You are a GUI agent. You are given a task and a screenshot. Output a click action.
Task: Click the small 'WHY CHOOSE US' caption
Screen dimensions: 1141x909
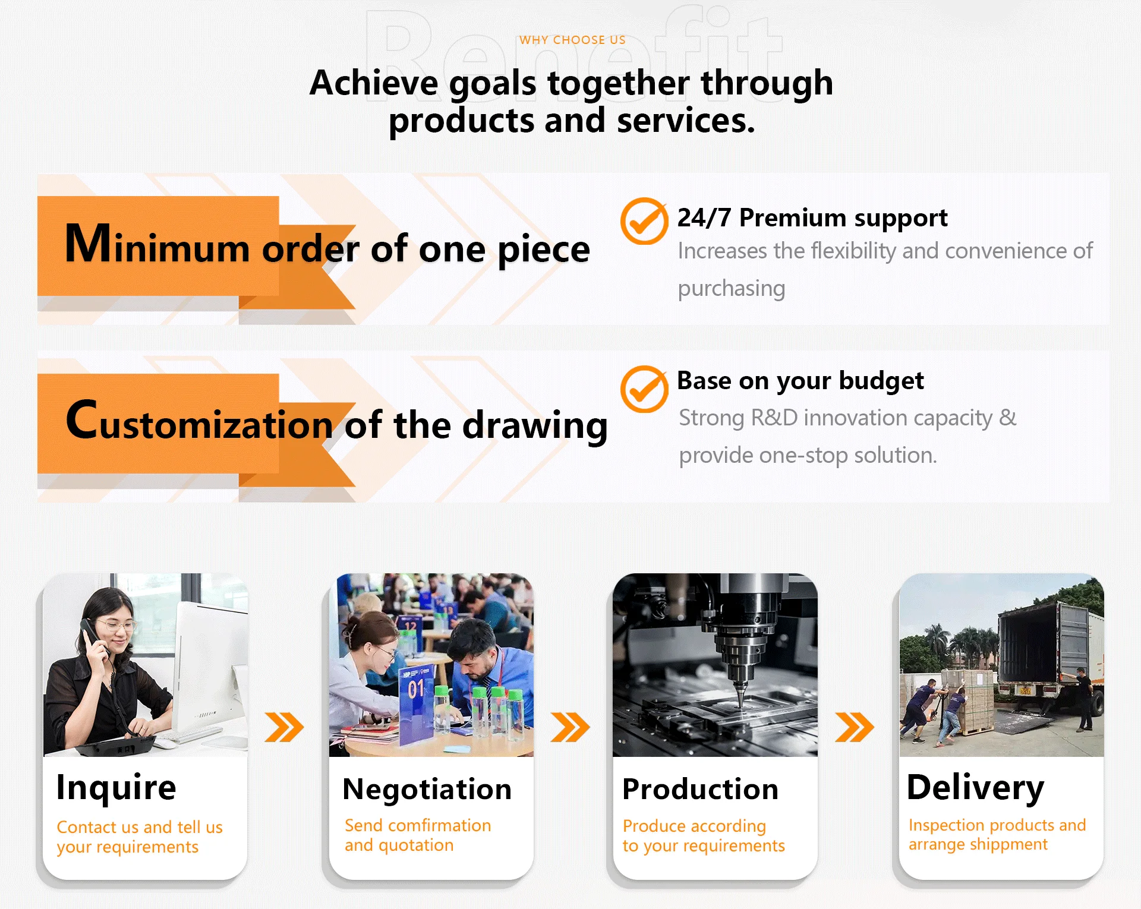(572, 40)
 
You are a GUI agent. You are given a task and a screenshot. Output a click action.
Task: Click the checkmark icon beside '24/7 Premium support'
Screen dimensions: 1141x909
(644, 221)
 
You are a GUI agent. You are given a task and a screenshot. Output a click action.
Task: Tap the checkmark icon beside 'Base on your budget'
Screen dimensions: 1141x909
(644, 389)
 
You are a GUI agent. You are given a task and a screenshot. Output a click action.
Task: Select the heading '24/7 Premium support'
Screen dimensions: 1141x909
(812, 218)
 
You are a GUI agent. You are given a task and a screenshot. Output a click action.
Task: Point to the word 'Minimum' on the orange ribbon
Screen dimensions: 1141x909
(157, 244)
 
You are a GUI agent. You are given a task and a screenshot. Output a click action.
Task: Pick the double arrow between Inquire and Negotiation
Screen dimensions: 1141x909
(284, 727)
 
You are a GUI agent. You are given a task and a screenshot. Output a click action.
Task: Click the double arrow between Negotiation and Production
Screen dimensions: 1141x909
(570, 727)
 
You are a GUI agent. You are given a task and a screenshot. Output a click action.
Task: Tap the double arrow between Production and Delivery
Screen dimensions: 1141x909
(855, 727)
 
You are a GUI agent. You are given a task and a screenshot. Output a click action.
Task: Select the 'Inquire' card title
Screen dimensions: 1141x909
(116, 787)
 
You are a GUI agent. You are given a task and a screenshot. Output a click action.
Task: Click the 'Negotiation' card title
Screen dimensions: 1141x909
(427, 790)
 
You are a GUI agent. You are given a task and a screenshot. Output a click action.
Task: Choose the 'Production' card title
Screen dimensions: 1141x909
(701, 789)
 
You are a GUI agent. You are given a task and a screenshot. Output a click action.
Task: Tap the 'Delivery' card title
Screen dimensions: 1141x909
(975, 788)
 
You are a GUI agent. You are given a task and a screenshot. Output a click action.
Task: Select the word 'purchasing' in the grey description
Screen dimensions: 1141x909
(732, 289)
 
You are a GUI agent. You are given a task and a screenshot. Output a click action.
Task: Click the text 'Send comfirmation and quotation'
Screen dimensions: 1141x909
(418, 835)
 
